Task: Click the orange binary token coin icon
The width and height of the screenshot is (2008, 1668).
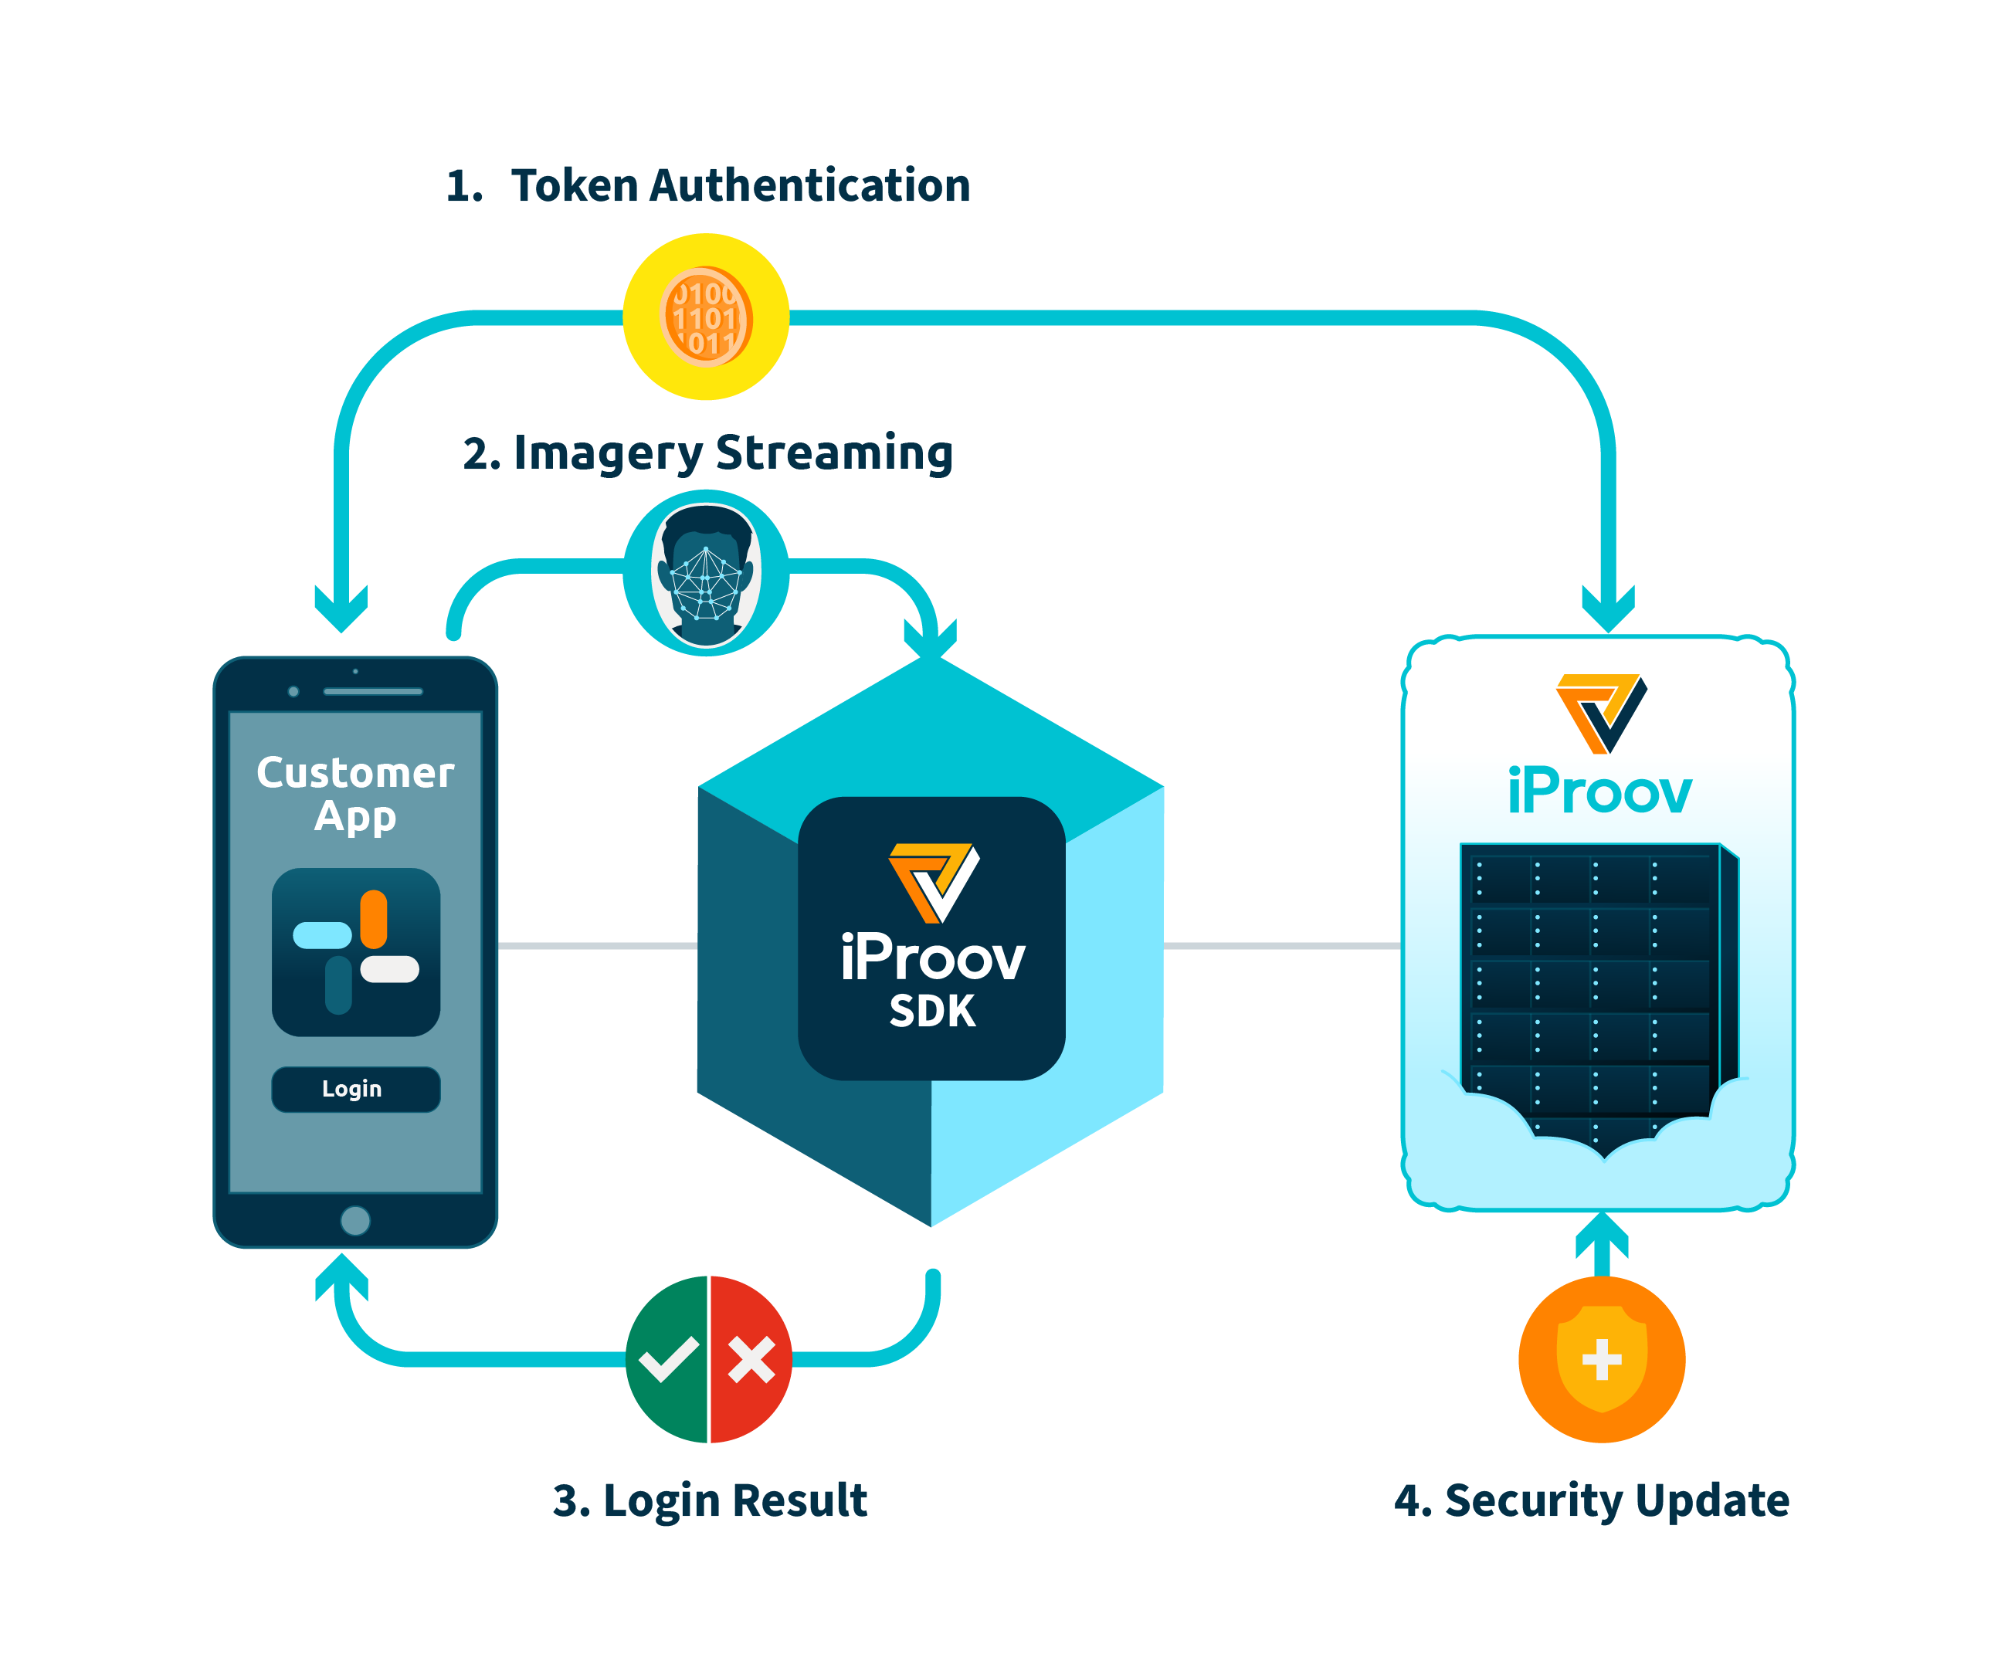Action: coord(706,317)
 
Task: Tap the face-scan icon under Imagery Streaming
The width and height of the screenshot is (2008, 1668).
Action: coord(706,574)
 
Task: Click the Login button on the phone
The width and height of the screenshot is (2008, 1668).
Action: coord(354,1089)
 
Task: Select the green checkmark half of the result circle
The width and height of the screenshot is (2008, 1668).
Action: coord(667,1358)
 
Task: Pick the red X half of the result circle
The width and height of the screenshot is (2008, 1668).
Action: coord(751,1358)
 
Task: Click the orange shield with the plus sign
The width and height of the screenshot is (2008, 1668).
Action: coord(1602,1358)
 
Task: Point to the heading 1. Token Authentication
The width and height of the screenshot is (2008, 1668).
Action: coord(707,185)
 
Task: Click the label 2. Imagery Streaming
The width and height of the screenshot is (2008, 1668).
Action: coord(707,453)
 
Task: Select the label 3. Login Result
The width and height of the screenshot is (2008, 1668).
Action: coord(710,1499)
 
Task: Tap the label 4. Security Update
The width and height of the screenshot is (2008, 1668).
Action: coord(1591,1499)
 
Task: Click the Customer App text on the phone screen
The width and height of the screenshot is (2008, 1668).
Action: coord(354,793)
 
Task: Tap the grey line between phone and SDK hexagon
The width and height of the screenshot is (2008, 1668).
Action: coord(598,945)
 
